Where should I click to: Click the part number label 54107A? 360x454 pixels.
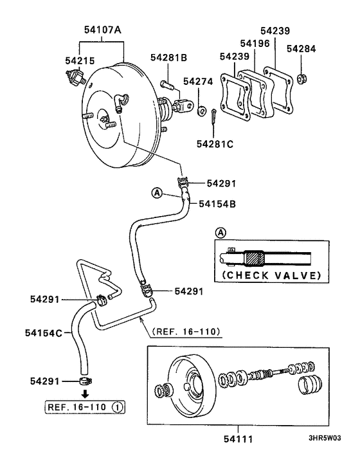click(103, 30)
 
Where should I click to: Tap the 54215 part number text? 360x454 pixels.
click(80, 60)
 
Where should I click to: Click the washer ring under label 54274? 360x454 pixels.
click(201, 107)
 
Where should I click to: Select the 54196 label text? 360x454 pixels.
click(255, 44)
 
